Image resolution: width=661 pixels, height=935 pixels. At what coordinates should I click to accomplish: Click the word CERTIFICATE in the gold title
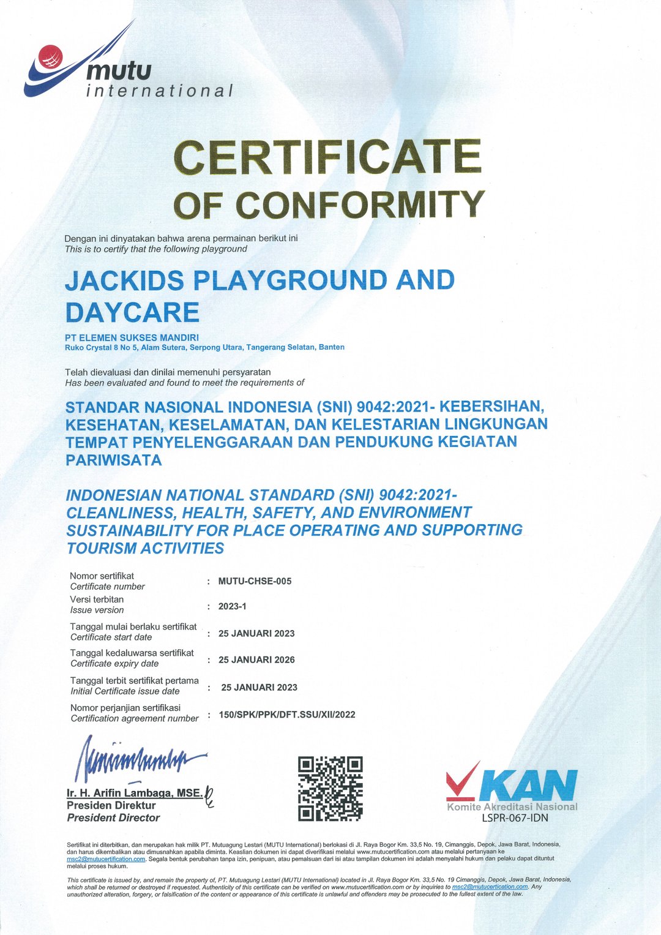click(x=327, y=157)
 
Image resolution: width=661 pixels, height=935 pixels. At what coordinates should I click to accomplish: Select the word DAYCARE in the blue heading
click(x=132, y=312)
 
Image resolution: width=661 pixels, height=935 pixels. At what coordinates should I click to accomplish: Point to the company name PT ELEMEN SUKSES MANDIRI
click(x=132, y=337)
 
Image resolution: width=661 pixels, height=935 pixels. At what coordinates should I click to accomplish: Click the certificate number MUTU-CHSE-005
click(x=255, y=581)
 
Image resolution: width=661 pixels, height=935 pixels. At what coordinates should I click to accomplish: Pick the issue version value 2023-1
click(x=232, y=606)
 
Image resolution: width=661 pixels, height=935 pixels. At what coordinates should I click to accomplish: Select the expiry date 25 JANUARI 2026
click(x=256, y=659)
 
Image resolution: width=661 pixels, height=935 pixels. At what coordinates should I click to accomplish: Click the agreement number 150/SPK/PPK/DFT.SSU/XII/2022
click(x=286, y=714)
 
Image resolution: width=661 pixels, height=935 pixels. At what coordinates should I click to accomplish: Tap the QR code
click(x=330, y=789)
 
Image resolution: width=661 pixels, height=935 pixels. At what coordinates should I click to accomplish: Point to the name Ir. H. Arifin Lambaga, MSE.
click(x=134, y=793)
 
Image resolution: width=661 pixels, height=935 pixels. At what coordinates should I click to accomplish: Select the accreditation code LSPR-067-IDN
click(x=515, y=817)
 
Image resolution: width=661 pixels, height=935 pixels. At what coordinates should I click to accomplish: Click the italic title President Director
click(x=113, y=817)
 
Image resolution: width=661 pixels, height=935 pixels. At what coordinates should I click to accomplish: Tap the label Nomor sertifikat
click(x=102, y=576)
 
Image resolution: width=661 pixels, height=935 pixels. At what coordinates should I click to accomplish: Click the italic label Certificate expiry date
click(x=114, y=663)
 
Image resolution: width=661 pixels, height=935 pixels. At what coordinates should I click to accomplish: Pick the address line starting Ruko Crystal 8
click(x=204, y=347)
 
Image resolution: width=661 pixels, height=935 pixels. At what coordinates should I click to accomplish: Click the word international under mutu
click(x=160, y=91)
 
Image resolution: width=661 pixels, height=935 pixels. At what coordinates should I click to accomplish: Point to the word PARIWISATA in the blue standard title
click(x=114, y=460)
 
